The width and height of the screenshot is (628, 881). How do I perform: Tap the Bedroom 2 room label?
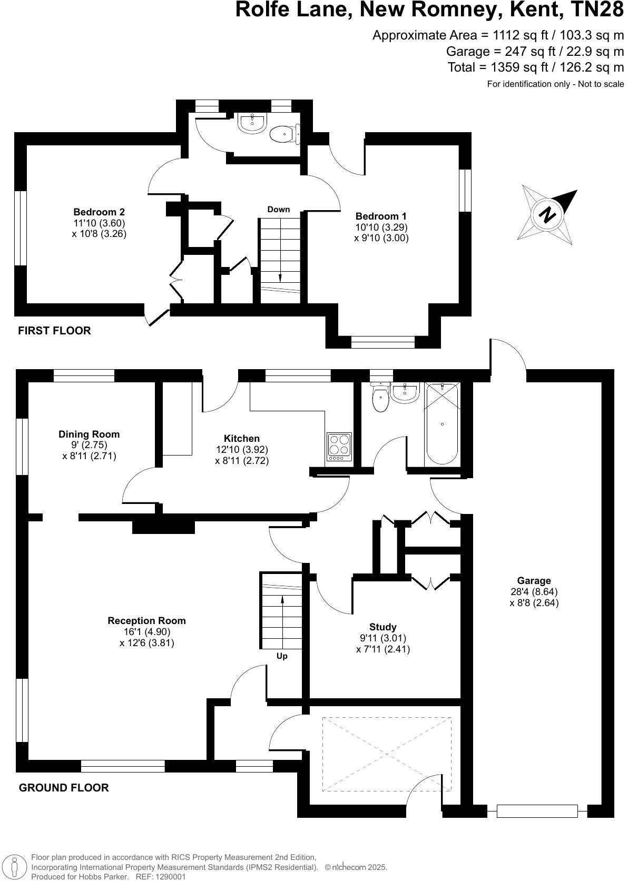pyautogui.click(x=99, y=212)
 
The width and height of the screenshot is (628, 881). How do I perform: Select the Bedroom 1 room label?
pyautogui.click(x=381, y=216)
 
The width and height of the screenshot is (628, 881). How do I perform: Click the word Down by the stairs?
pyautogui.click(x=278, y=210)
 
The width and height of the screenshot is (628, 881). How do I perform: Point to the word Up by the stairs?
pyautogui.click(x=282, y=656)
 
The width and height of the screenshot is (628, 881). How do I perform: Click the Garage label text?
pyautogui.click(x=534, y=581)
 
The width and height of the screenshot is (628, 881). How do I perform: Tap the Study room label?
pyautogui.click(x=382, y=627)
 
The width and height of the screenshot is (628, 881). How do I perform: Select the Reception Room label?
pyautogui.click(x=146, y=621)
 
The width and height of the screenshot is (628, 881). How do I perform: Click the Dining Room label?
pyautogui.click(x=89, y=434)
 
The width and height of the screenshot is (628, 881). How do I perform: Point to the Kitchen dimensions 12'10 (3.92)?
pyautogui.click(x=242, y=450)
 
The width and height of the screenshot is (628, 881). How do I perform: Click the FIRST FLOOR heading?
pyautogui.click(x=54, y=331)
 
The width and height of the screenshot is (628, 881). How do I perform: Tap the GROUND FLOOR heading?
pyautogui.click(x=64, y=788)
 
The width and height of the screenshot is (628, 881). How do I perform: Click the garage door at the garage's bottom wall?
pyautogui.click(x=537, y=811)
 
